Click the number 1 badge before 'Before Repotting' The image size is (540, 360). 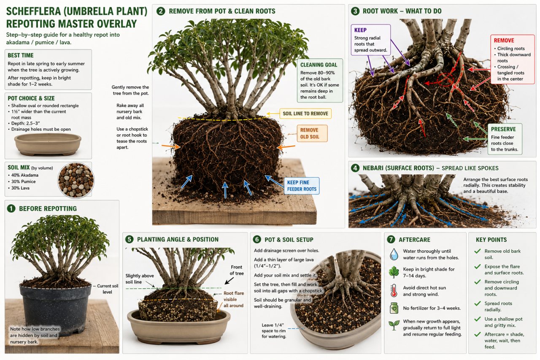tap(11, 208)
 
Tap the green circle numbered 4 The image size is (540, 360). tap(355, 168)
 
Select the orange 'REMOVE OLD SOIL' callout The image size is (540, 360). tap(312, 133)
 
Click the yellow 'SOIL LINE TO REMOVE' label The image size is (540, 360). tap(305, 114)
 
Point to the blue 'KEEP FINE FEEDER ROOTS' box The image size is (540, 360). tap(302, 186)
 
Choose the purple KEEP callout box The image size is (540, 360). tap(370, 40)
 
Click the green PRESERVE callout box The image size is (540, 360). tap(505, 139)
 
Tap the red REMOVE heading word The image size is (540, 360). tap(504, 40)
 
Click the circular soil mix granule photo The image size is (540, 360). tap(76, 180)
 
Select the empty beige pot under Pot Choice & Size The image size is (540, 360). tap(48, 144)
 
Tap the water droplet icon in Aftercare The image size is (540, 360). tap(394, 254)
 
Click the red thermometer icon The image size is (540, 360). tap(394, 290)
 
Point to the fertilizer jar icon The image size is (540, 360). tap(394, 308)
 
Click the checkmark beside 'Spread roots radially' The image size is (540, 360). tap(477, 303)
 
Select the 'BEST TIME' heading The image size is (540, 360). tap(21, 55)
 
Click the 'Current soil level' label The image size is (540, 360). tap(108, 289)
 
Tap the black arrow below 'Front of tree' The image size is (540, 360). tap(229, 281)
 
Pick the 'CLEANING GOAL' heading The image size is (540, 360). tap(319, 65)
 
